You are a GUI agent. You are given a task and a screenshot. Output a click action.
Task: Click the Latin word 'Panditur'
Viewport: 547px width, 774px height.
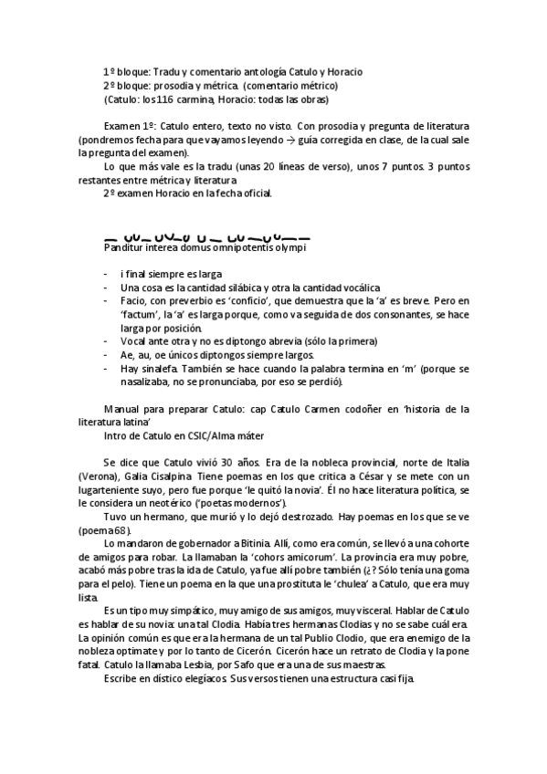click(125, 246)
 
